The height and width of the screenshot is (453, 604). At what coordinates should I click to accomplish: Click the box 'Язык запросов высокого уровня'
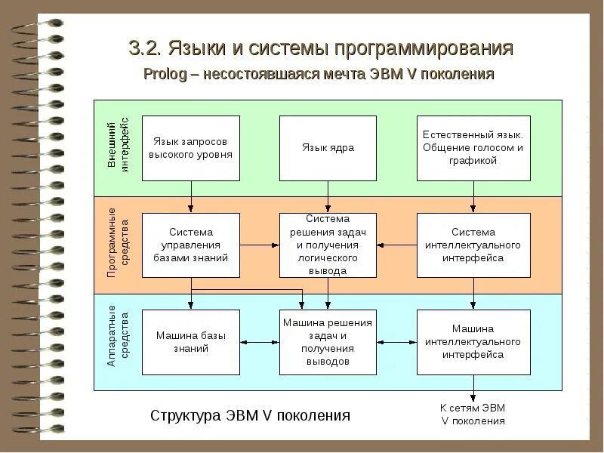(191, 148)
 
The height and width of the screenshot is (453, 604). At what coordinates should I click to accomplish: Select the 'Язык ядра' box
(328, 148)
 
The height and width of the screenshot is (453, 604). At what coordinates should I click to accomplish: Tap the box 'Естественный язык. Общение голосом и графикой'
(473, 148)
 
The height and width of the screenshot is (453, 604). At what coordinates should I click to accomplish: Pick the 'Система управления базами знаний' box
(191, 245)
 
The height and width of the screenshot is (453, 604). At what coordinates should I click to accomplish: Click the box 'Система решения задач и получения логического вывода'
(328, 245)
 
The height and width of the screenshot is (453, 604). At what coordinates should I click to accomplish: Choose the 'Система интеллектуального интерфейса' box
(473, 245)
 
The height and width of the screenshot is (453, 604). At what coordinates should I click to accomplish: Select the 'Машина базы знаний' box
(191, 342)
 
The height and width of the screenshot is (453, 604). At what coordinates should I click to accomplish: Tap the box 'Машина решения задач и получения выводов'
(328, 342)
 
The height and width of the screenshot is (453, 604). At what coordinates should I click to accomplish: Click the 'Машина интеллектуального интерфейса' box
(473, 342)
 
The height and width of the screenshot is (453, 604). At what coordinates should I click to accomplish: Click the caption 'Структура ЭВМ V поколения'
(251, 415)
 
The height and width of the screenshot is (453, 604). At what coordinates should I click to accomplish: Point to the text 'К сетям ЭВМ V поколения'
(473, 414)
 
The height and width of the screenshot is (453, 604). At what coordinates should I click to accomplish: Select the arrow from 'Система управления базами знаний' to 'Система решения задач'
(260, 245)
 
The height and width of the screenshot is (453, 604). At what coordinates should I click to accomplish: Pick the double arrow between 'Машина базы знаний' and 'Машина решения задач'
(260, 342)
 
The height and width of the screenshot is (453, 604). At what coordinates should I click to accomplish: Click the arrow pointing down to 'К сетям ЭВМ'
(473, 387)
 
